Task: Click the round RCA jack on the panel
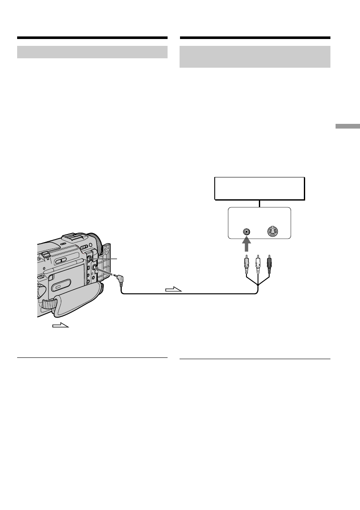click(x=246, y=231)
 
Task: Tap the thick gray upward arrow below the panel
click(x=246, y=246)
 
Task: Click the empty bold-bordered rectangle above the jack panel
click(x=259, y=188)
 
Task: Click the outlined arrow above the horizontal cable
click(x=174, y=290)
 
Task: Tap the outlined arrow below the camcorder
click(x=60, y=326)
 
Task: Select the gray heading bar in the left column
click(x=92, y=52)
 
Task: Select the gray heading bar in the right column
click(x=255, y=57)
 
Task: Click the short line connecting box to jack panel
click(x=259, y=204)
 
